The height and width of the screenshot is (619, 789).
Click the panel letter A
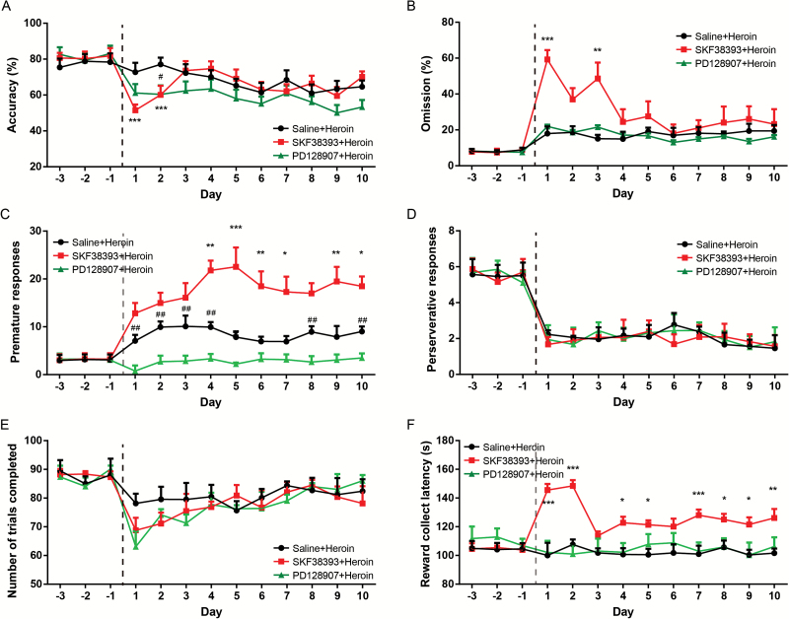point(7,7)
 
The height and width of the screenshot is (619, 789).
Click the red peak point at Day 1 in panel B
point(547,58)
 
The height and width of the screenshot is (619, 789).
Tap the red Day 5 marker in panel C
point(237,266)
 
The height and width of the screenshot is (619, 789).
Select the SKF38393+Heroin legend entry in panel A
point(327,142)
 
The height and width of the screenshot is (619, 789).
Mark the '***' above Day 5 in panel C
point(237,229)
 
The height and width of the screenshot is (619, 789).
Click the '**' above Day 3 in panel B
point(598,51)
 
